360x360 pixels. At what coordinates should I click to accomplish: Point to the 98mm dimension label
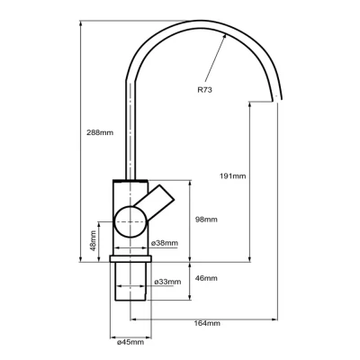(x=207, y=220)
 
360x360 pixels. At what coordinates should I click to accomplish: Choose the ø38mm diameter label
(x=164, y=243)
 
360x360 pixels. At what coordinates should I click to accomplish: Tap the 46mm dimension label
(x=207, y=279)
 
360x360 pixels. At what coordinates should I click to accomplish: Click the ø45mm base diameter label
(x=131, y=342)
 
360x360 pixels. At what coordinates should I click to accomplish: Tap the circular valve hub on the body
(x=131, y=220)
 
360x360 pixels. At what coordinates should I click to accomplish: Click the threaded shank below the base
(x=131, y=286)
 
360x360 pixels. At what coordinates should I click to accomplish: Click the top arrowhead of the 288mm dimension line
(x=82, y=22)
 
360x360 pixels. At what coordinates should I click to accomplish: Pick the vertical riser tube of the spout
(x=131, y=126)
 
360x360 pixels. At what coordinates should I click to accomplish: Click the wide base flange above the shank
(x=131, y=260)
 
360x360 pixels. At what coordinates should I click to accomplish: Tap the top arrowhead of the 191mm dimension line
(x=249, y=102)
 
